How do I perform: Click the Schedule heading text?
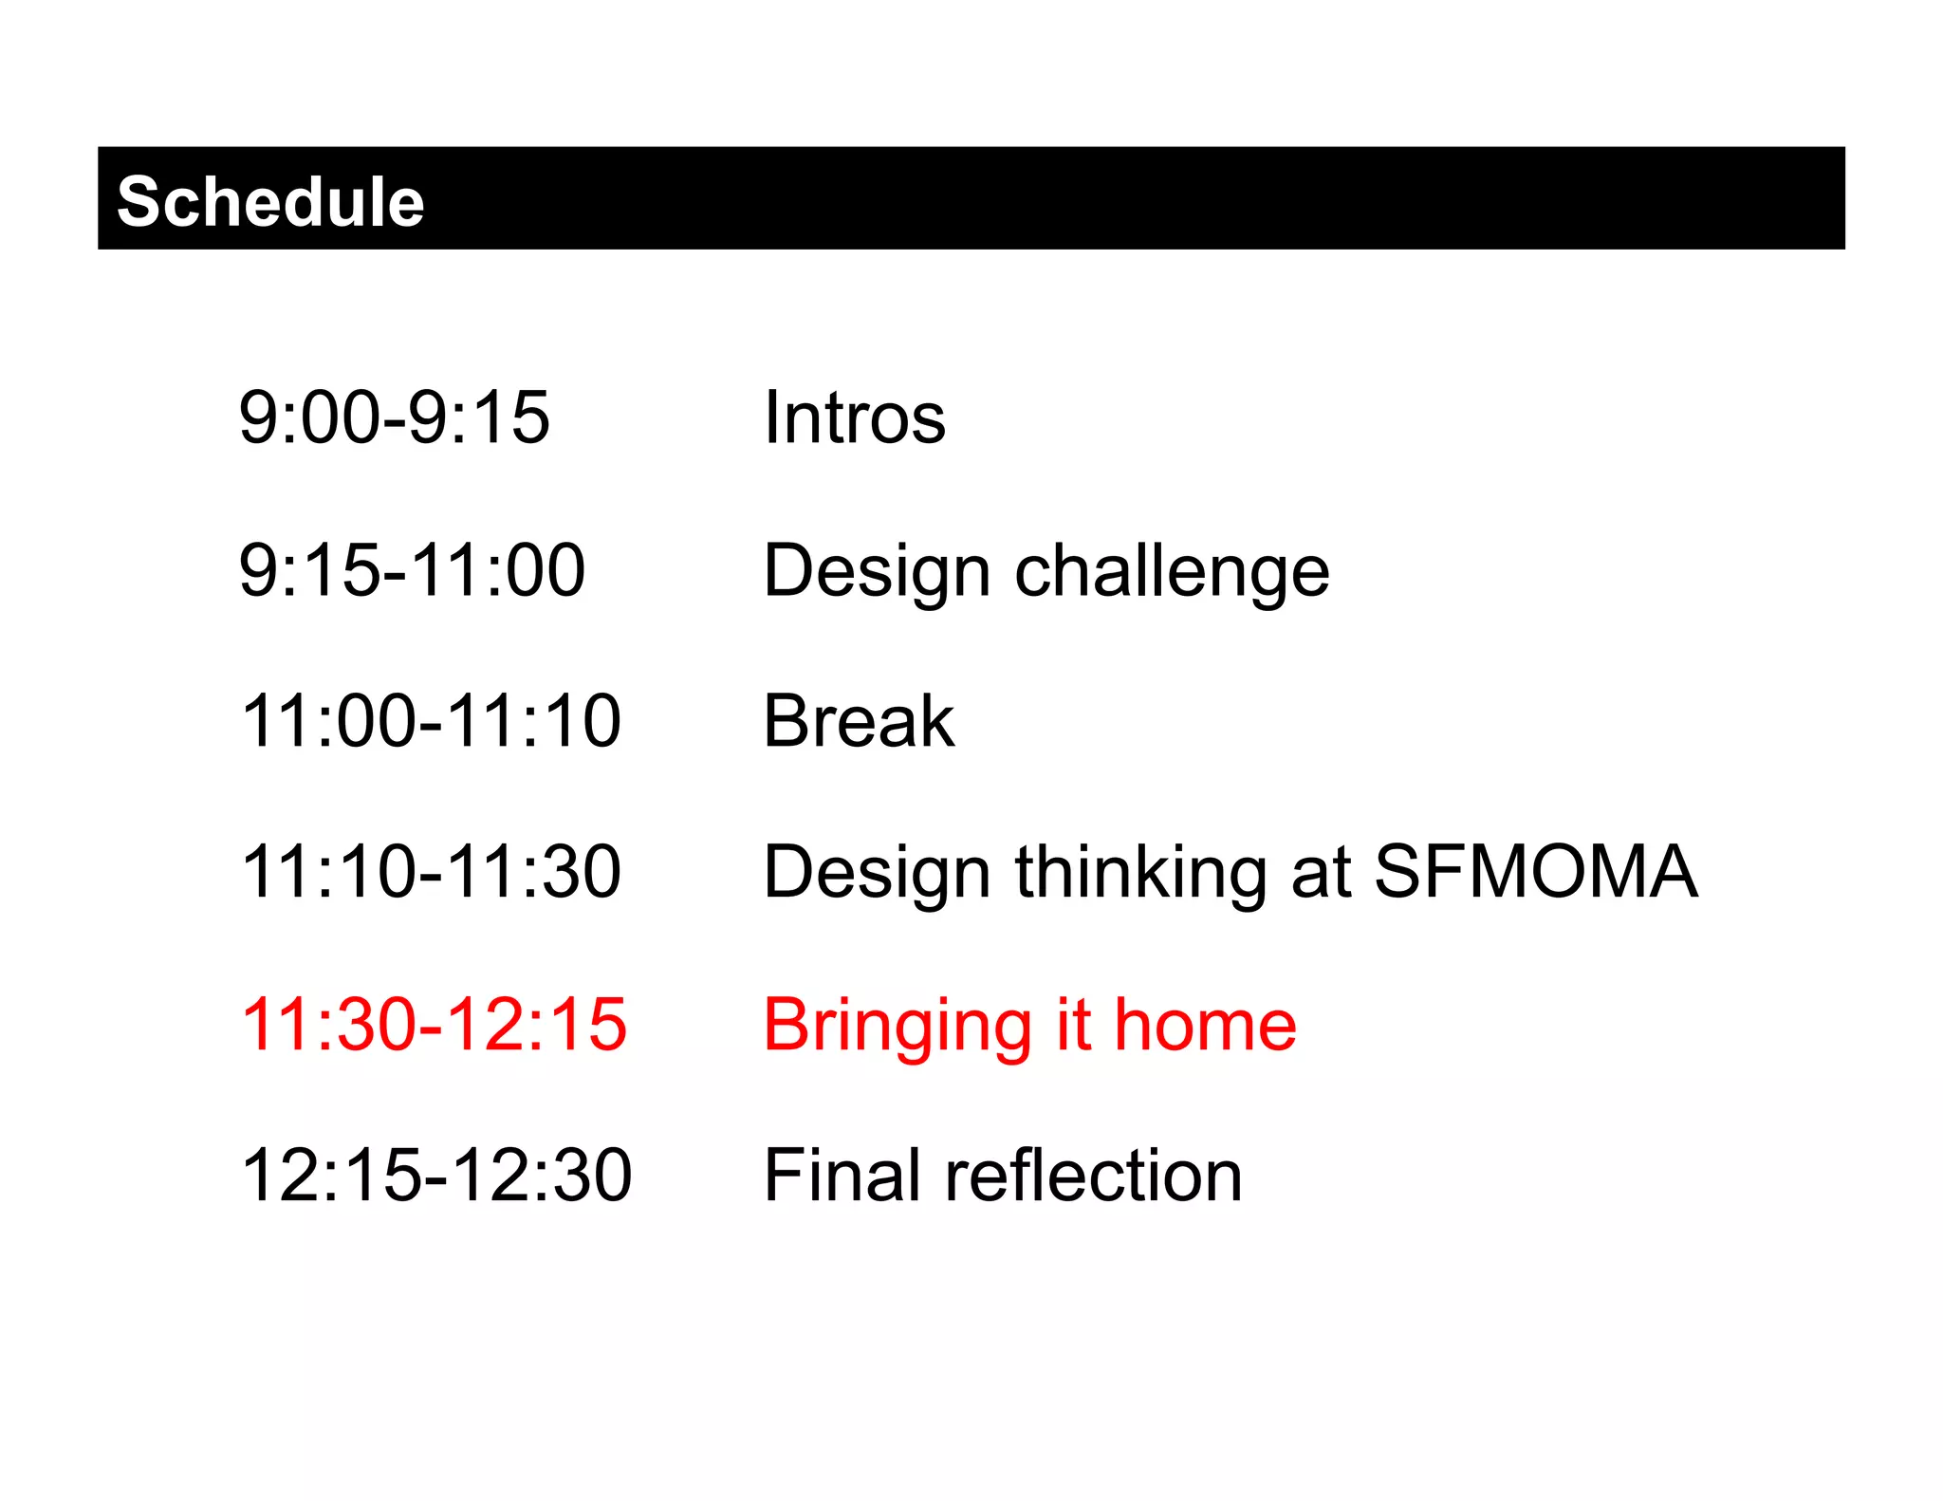pyautogui.click(x=270, y=201)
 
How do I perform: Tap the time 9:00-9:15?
pyautogui.click(x=394, y=417)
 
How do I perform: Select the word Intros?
pyautogui.click(x=855, y=417)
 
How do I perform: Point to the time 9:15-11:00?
pyautogui.click(x=412, y=570)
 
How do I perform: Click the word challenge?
pyautogui.click(x=1172, y=572)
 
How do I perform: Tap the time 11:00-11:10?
pyautogui.click(x=431, y=721)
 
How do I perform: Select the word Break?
pyautogui.click(x=859, y=721)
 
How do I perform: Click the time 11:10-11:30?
pyautogui.click(x=431, y=872)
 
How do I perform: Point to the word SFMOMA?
pyautogui.click(x=1535, y=872)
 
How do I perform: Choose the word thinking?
pyautogui.click(x=1140, y=874)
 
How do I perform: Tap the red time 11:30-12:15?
pyautogui.click(x=434, y=1025)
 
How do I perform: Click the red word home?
pyautogui.click(x=1205, y=1025)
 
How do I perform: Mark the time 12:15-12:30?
pyautogui.click(x=435, y=1176)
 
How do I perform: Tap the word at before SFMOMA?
pyautogui.click(x=1321, y=874)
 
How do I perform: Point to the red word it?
pyautogui.click(x=1073, y=1025)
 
